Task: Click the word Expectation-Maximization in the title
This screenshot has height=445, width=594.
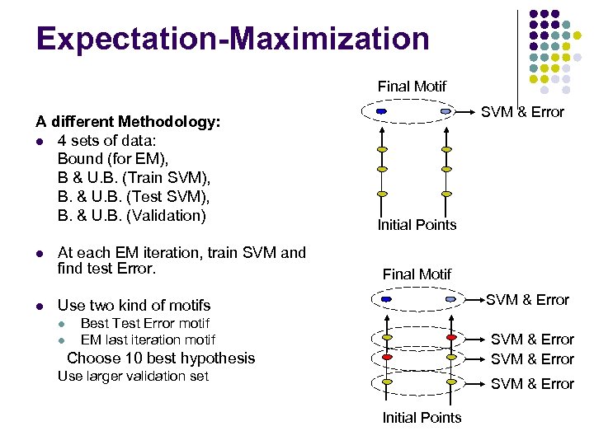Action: pos(233,39)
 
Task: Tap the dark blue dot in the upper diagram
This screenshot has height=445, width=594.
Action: pos(381,111)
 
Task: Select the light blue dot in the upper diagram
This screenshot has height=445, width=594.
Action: pos(445,111)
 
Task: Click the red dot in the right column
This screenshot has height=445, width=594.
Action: pos(450,338)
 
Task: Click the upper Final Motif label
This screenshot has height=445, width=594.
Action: pos(412,86)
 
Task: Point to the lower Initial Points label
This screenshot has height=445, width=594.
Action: pos(422,418)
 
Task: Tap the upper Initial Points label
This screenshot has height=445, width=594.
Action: pos(417,225)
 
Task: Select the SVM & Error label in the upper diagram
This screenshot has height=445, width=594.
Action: pos(522,112)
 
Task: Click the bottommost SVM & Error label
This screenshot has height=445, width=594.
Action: pos(532,384)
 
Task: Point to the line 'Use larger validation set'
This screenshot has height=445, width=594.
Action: pos(133,377)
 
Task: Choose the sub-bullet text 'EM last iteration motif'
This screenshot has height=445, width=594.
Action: pos(148,340)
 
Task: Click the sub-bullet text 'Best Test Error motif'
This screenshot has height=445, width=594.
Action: pos(144,323)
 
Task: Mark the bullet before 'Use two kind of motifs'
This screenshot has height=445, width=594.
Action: pos(40,306)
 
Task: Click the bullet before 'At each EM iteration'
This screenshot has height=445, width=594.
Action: pos(40,253)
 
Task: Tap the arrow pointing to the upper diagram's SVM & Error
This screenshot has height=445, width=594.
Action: pos(466,111)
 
